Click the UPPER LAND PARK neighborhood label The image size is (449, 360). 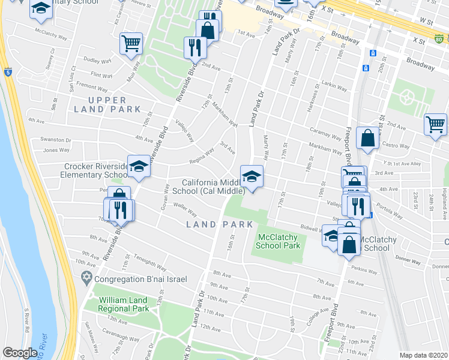coord(108,104)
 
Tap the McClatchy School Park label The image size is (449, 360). coord(278,241)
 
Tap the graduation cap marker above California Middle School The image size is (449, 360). coord(252,176)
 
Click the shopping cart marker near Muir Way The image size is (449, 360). coord(131,43)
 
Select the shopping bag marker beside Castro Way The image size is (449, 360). coord(367,139)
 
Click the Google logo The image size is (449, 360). coord(20,353)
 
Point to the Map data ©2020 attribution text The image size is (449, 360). coord(423,355)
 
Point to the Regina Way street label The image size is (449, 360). coord(202,155)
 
